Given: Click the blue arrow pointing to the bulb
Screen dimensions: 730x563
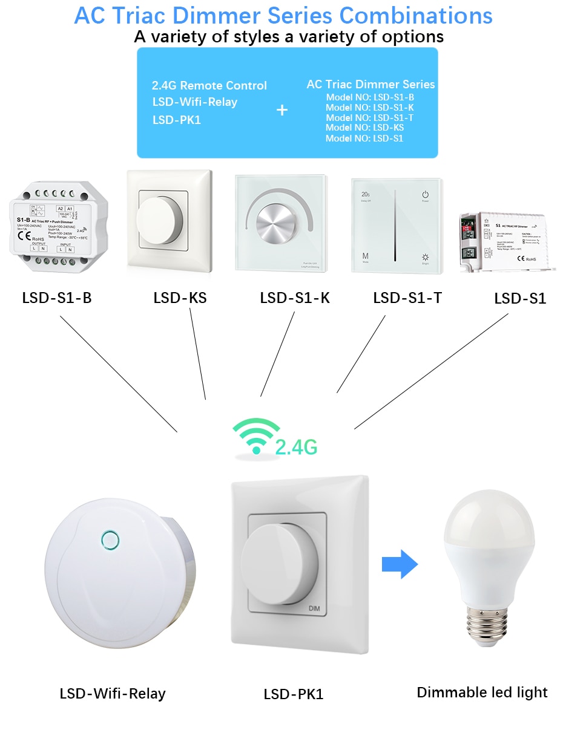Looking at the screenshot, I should tap(400, 565).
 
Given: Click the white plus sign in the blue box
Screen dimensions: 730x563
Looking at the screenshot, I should tap(282, 110).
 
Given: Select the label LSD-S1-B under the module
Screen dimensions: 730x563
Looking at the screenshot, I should tap(57, 298).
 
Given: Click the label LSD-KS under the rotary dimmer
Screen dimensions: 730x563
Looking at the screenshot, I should tap(180, 298).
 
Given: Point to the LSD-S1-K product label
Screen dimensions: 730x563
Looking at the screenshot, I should tap(295, 298).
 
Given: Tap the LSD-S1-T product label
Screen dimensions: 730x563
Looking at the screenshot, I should tap(407, 298).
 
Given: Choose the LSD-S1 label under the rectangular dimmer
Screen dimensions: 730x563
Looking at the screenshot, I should tap(520, 298).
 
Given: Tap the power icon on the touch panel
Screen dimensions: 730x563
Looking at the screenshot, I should tap(426, 195).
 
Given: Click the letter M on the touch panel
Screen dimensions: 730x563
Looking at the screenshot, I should tap(366, 256).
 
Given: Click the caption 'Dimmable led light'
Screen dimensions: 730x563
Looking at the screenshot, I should tap(482, 693).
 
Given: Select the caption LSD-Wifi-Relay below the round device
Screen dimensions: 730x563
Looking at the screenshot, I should tap(113, 693).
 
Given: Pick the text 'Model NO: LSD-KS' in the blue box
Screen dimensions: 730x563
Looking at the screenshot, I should tap(364, 128).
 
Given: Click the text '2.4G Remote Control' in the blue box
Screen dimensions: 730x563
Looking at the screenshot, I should tap(209, 86).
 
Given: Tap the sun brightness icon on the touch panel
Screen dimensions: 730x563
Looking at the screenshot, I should tap(426, 257).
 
